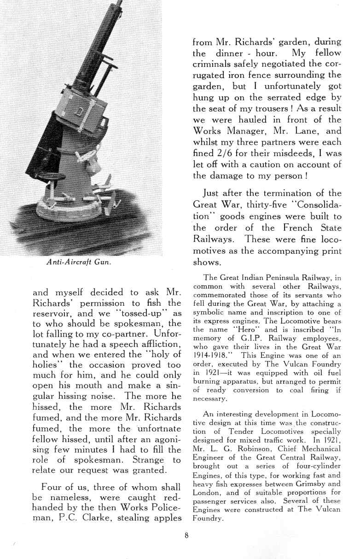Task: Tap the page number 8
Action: [x=185, y=535]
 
